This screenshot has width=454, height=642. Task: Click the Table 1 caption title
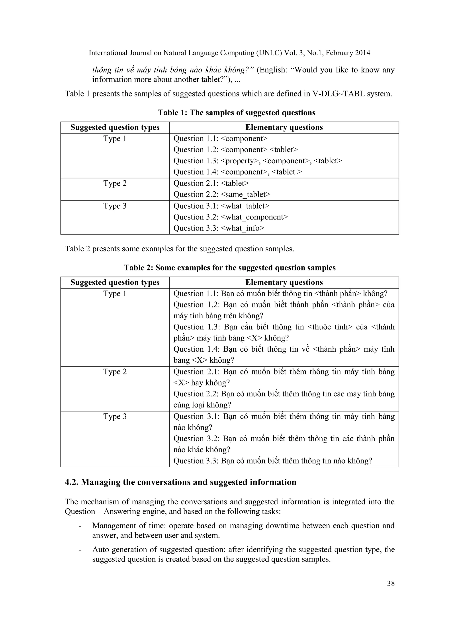(x=237, y=113)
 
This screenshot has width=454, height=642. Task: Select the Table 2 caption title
(x=229, y=268)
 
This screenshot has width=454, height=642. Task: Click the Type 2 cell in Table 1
(x=115, y=183)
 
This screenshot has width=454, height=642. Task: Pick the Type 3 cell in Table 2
(x=115, y=417)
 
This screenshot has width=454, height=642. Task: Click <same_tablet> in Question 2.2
(x=245, y=194)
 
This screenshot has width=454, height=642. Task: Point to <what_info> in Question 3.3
(x=242, y=228)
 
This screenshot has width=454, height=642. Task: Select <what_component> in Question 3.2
(x=254, y=217)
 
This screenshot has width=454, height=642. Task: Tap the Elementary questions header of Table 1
(x=284, y=127)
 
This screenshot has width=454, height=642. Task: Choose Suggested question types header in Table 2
(x=115, y=282)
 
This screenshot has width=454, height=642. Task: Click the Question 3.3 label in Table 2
(x=196, y=461)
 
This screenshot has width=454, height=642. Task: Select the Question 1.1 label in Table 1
(x=196, y=139)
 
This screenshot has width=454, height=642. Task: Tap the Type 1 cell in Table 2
(x=115, y=294)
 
